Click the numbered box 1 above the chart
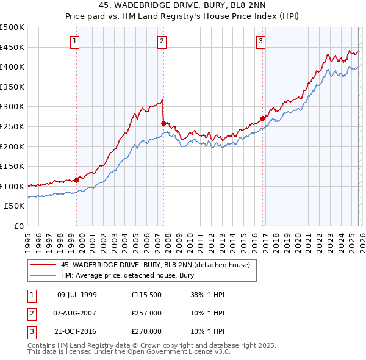(x=74, y=41)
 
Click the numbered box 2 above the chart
(x=162, y=41)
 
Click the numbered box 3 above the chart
(x=260, y=41)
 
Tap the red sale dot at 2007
(x=163, y=123)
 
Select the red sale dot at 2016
(x=262, y=118)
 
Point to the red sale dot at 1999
(x=76, y=180)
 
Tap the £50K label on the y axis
(x=15, y=206)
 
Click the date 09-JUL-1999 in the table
(x=77, y=295)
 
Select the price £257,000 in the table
(x=146, y=313)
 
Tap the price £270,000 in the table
(x=146, y=331)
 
